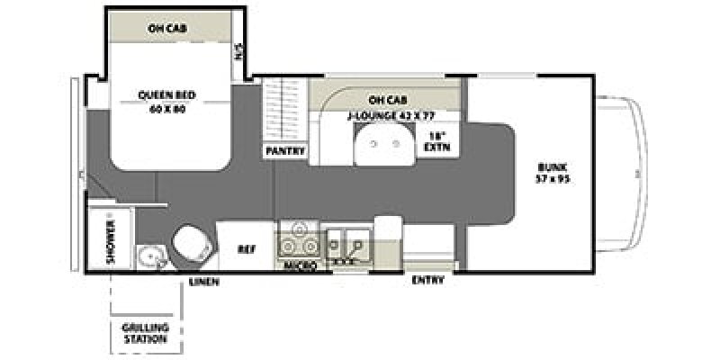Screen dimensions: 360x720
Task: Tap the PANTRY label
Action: [285, 151]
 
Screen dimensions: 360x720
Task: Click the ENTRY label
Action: [427, 280]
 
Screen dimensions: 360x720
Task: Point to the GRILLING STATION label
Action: [144, 334]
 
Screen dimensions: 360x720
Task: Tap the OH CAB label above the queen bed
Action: [167, 28]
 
